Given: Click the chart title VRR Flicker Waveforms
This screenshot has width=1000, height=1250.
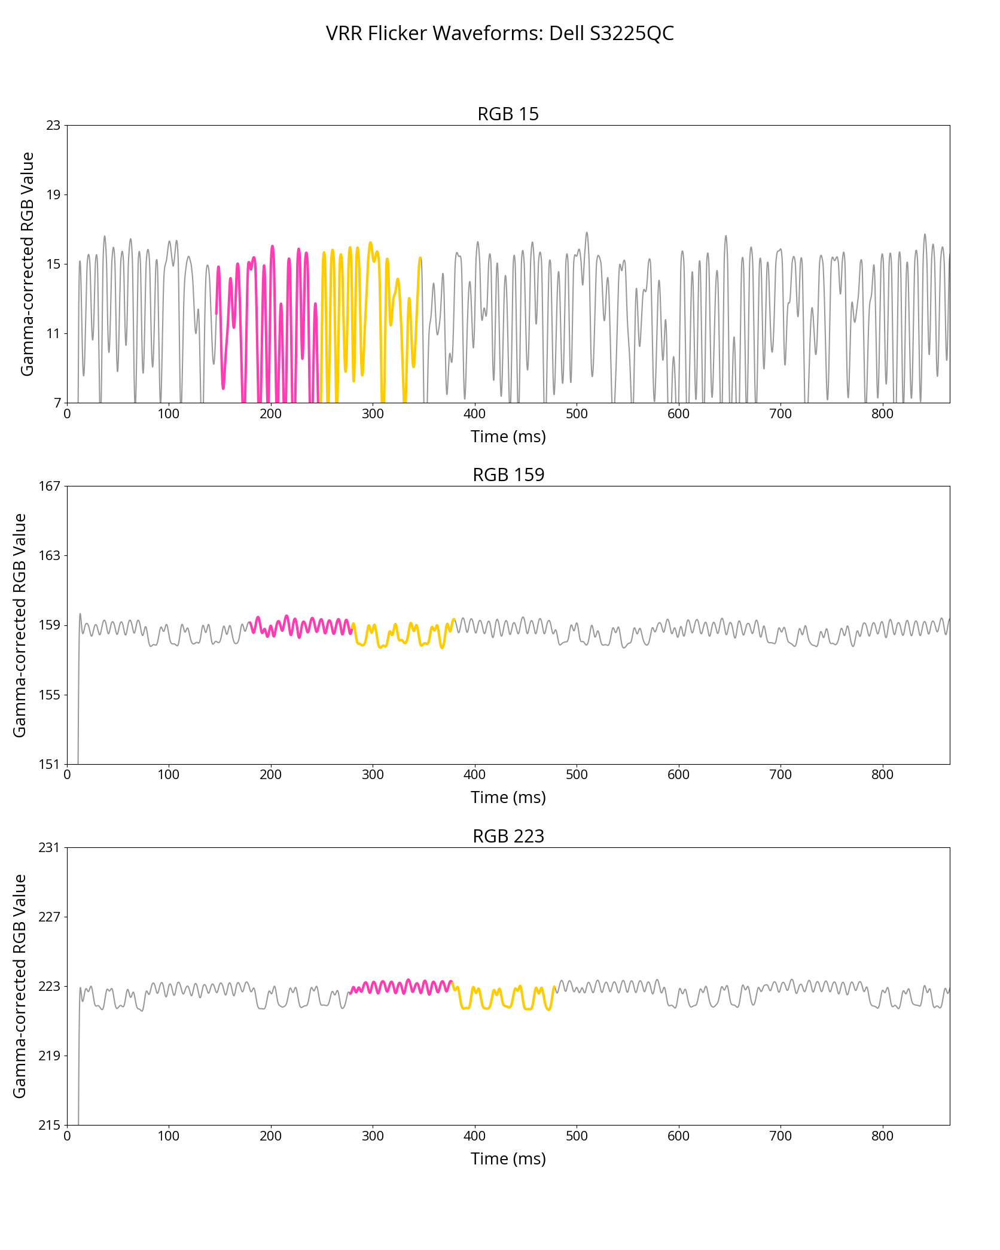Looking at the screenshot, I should coord(499,34).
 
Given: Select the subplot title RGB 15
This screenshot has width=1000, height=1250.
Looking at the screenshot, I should coord(508,114).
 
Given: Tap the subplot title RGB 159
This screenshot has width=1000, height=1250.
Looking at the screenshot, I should coord(508,475).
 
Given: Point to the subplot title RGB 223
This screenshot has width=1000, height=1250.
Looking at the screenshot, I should coord(508,836).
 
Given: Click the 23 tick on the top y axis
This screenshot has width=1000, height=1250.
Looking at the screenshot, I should coord(54,125).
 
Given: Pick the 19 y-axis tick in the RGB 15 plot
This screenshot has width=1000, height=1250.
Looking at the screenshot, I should coord(54,194).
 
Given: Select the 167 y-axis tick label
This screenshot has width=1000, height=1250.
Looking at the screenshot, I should coord(50,486).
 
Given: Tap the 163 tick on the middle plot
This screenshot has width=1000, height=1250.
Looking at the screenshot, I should coord(50,555).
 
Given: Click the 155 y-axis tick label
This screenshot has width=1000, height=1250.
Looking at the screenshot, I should coord(50,695).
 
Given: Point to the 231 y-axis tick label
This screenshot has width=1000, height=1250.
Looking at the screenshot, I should coord(50,847).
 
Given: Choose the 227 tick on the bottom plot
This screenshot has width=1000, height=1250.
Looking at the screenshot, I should coord(50,917).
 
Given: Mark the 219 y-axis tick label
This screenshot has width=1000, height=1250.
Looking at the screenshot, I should coord(50,1056).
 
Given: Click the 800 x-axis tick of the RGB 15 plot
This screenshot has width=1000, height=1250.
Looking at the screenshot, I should coord(882,414).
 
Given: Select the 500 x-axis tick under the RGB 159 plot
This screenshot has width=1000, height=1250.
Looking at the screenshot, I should coord(577,775).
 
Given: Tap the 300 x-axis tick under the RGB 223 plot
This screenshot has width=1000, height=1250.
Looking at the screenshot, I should coord(373,1136).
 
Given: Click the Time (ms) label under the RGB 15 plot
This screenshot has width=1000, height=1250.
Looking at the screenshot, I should coord(508,437).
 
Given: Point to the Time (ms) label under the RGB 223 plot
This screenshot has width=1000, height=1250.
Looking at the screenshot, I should coord(508,1159).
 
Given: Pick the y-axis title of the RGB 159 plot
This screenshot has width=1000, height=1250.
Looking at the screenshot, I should coord(20,625).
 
